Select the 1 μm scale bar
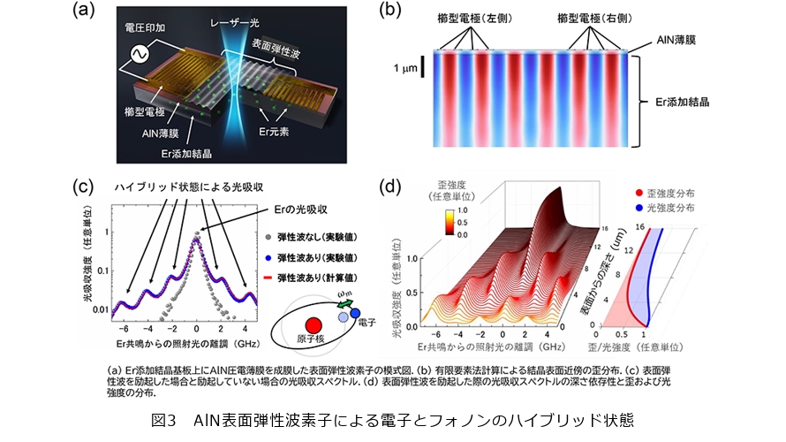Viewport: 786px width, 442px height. (x=423, y=68)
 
